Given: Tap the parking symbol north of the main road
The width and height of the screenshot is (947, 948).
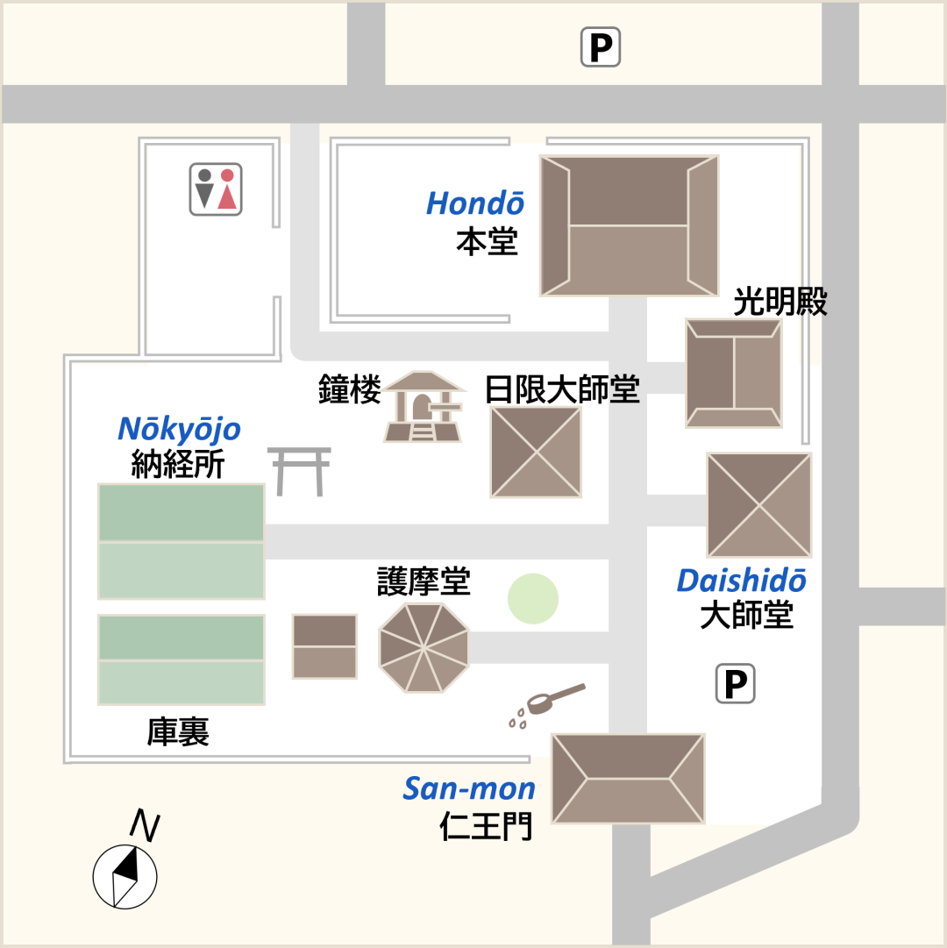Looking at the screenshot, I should click(x=601, y=47).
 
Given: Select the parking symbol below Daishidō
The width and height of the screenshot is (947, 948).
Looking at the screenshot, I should click(x=736, y=684).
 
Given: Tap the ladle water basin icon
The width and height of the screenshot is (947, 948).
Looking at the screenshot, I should click(x=546, y=704).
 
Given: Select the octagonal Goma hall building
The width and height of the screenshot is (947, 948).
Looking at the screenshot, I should click(x=424, y=647).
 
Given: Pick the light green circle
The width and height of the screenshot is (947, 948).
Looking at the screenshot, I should click(x=532, y=599).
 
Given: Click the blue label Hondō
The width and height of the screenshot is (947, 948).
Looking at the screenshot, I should click(x=475, y=203).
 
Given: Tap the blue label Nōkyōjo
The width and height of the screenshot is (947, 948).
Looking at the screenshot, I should click(x=179, y=429).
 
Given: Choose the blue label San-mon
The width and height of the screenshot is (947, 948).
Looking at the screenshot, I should click(x=469, y=788).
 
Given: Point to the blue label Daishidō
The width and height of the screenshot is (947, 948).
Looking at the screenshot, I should click(x=741, y=581).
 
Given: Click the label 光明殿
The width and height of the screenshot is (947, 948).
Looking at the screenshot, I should click(x=780, y=302).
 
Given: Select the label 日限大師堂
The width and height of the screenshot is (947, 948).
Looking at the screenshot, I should click(x=562, y=389).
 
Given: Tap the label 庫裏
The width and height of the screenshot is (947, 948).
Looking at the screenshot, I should click(x=178, y=731).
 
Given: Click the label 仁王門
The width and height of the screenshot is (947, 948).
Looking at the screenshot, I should click(x=486, y=825).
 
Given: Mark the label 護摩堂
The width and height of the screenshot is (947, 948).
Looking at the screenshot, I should click(x=424, y=581).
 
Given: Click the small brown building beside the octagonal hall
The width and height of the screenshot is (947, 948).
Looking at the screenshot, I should click(x=324, y=646).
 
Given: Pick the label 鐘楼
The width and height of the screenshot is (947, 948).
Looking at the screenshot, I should click(x=349, y=389).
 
